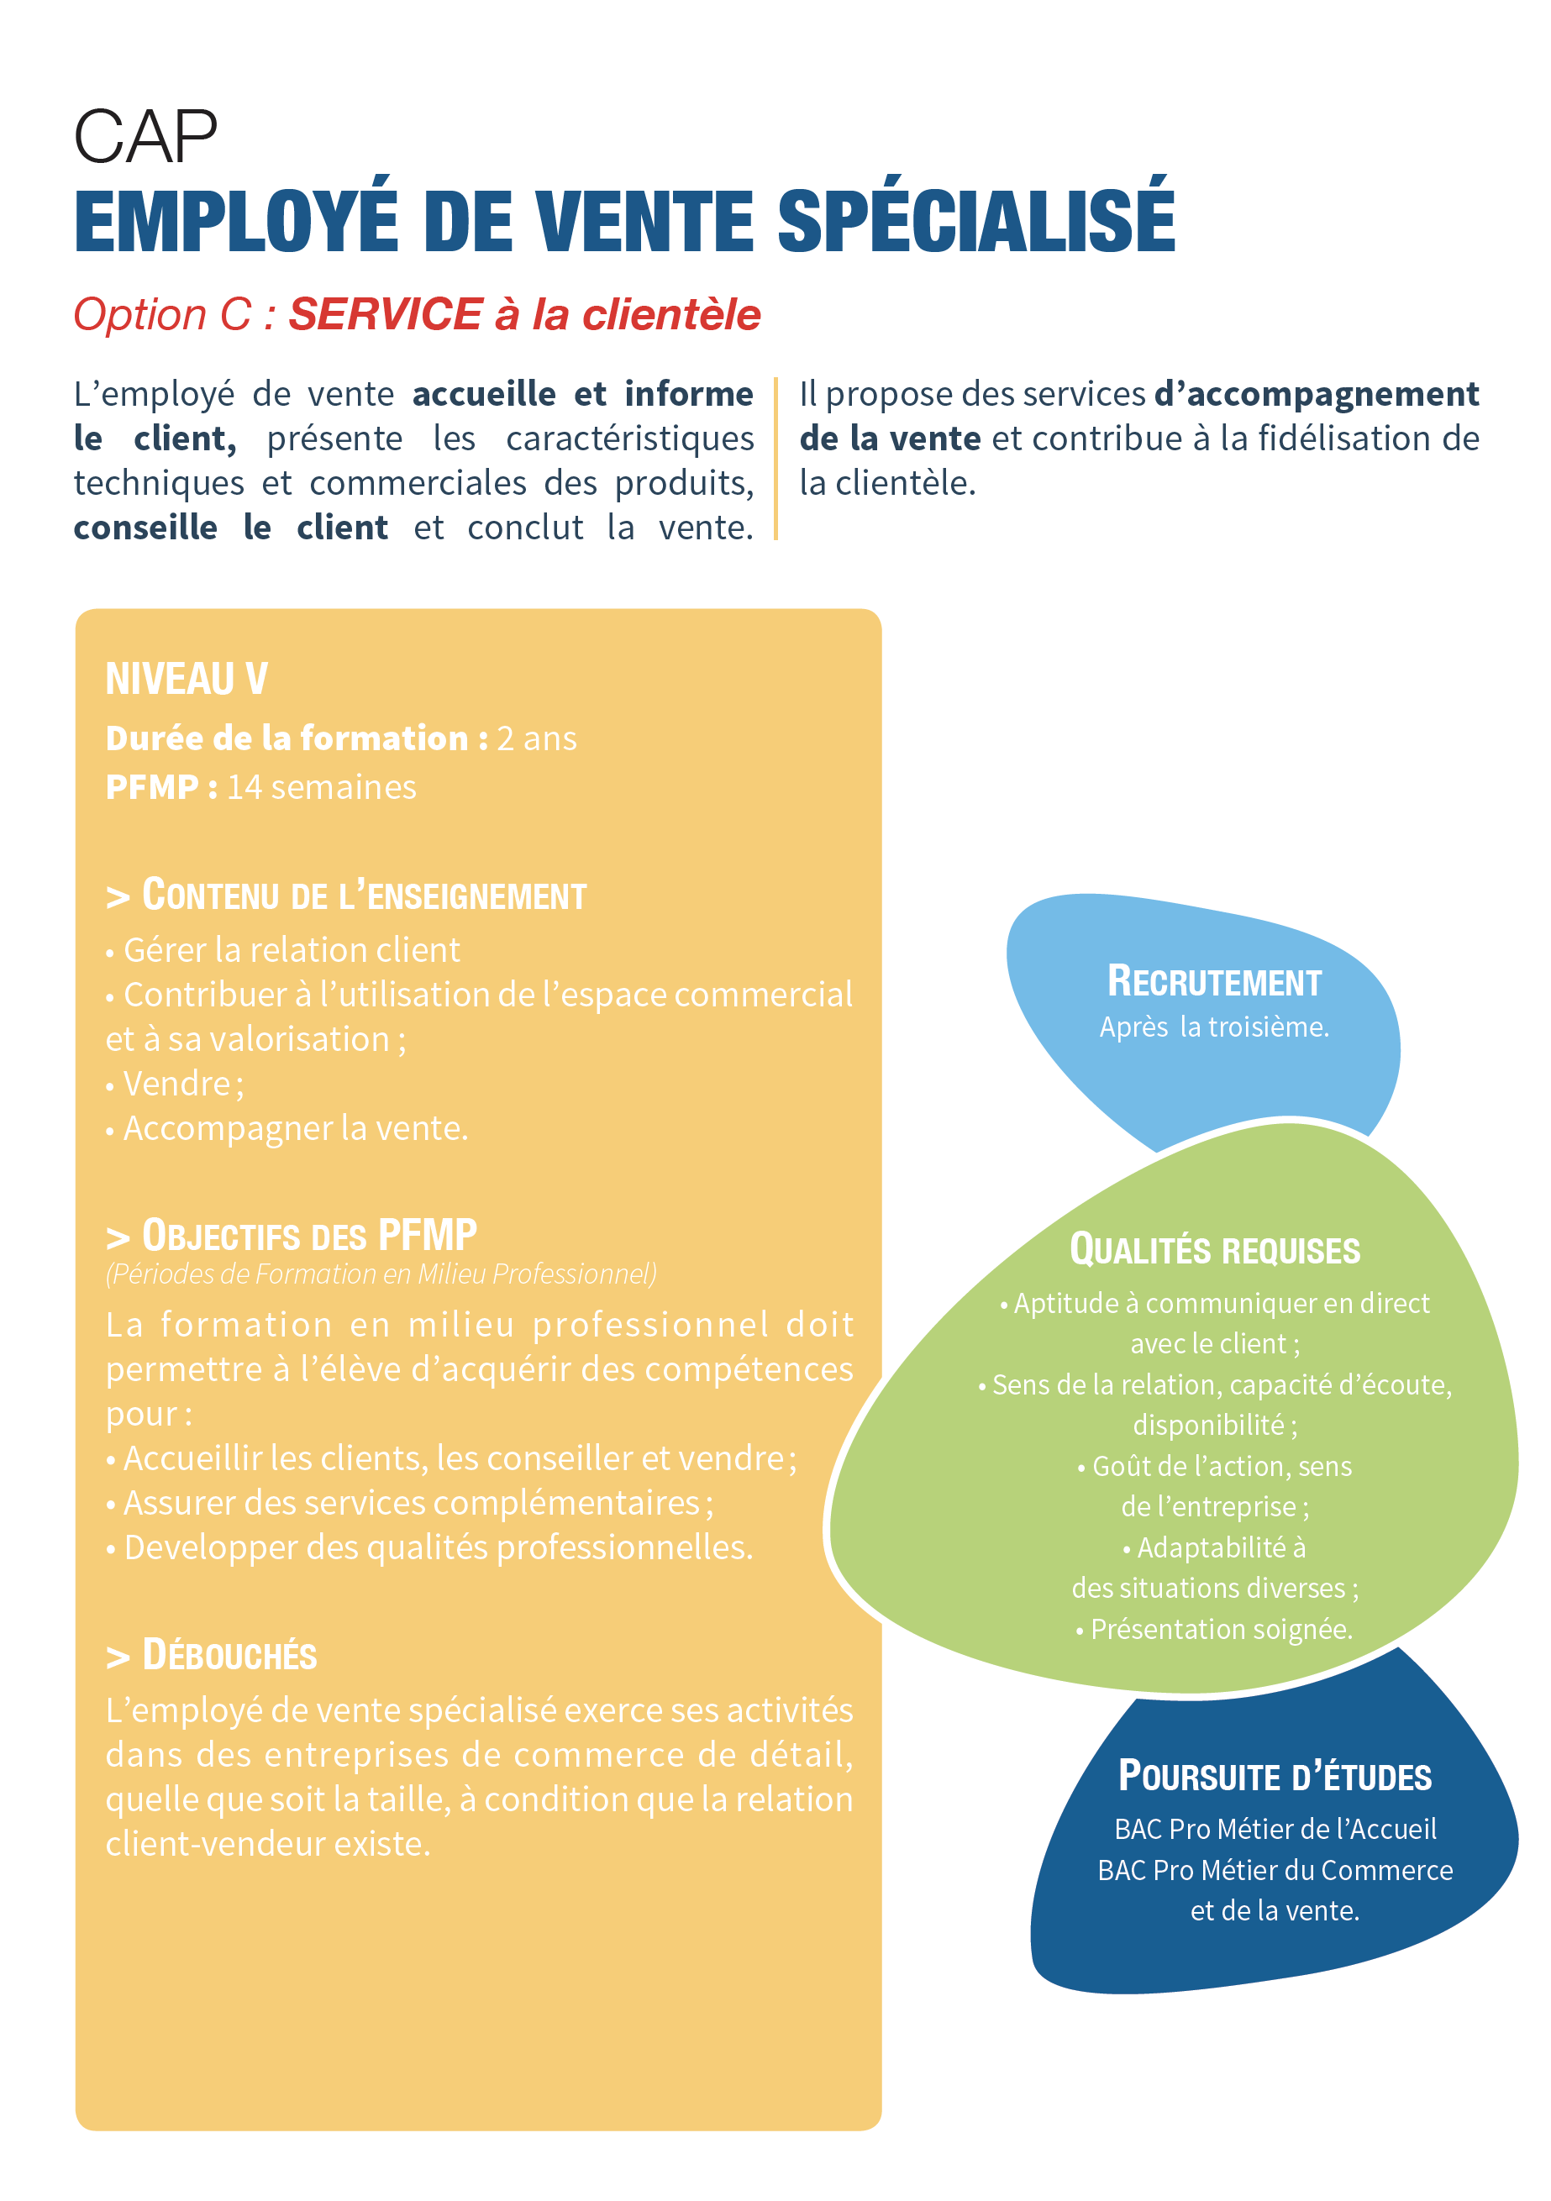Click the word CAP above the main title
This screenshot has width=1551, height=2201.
point(145,137)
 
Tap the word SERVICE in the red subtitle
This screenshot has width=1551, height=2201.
point(386,314)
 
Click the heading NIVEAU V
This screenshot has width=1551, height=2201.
point(186,679)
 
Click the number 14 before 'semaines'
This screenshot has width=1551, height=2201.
point(244,787)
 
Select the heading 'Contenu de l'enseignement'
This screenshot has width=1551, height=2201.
point(346,896)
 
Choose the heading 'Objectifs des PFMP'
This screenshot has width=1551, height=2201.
point(292,1236)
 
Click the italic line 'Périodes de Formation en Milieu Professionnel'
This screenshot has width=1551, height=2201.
point(381,1274)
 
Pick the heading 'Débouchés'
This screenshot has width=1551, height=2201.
point(212,1656)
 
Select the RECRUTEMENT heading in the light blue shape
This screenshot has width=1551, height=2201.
point(1213,982)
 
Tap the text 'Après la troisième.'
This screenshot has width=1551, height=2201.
point(1213,1027)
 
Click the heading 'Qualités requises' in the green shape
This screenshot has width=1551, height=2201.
point(1215,1250)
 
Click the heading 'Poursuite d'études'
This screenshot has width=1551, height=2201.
point(1274,1776)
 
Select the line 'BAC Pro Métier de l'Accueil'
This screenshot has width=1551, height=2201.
point(1275,1829)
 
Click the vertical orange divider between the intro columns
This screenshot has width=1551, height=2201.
point(775,460)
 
